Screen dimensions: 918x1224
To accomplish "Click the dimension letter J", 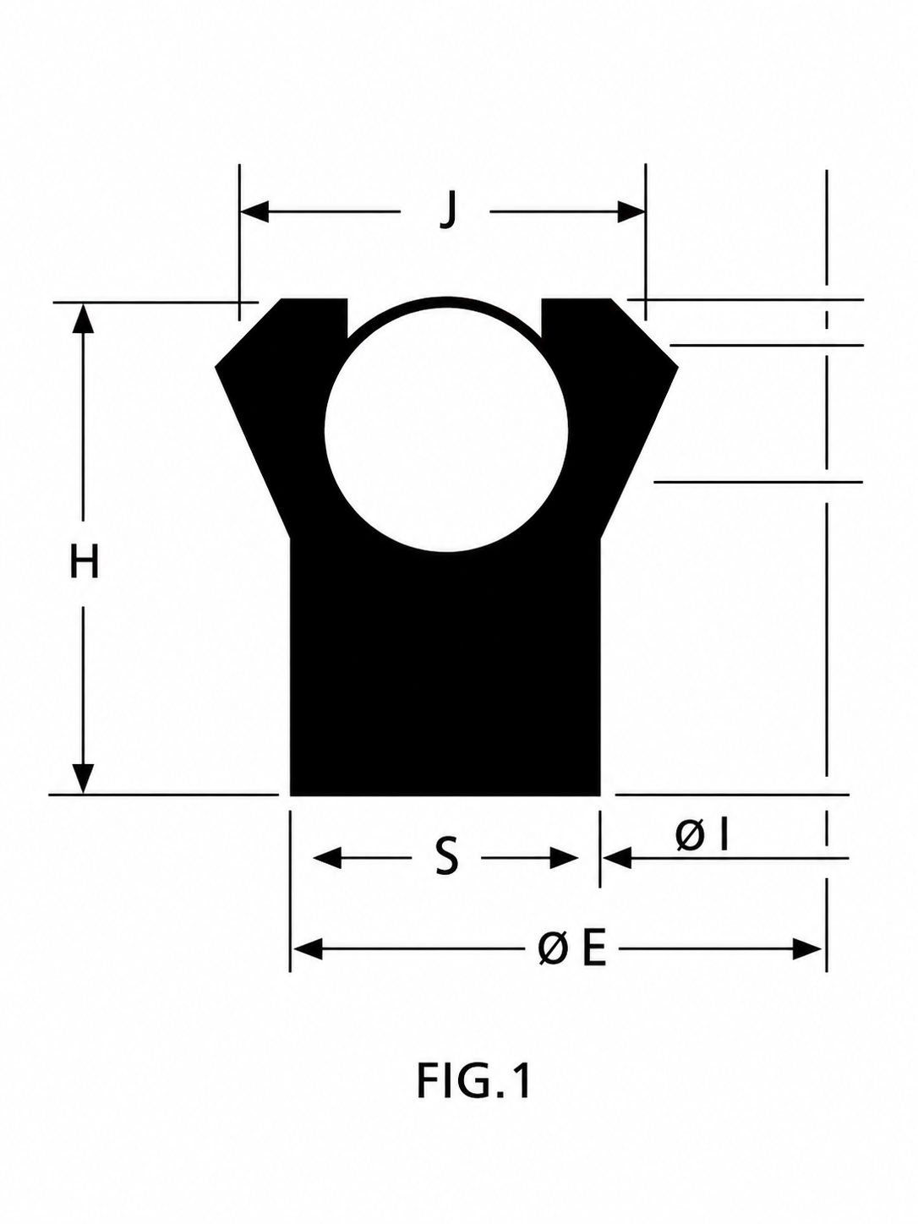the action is [x=447, y=210].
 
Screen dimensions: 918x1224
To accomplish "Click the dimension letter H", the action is [x=85, y=561].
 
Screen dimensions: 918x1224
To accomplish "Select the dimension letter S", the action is [x=446, y=859].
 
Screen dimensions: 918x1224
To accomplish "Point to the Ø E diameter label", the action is [x=572, y=949].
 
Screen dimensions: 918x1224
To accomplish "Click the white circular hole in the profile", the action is [x=446, y=430].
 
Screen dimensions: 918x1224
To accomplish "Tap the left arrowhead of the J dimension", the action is [x=254, y=212].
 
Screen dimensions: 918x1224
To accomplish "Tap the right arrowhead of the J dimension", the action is [x=631, y=212].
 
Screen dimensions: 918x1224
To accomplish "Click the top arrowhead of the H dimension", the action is [x=84, y=319].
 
